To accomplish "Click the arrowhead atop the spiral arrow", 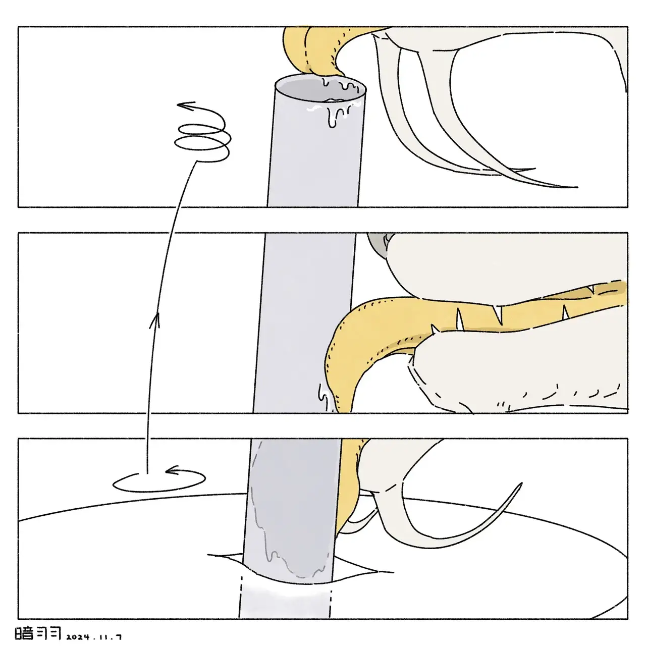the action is (x=186, y=106).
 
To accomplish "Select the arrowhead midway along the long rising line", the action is (x=154, y=320).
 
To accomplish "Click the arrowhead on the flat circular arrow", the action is (x=174, y=472).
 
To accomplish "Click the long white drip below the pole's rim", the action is (x=332, y=119).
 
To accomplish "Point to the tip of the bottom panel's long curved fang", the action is (x=521, y=484).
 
